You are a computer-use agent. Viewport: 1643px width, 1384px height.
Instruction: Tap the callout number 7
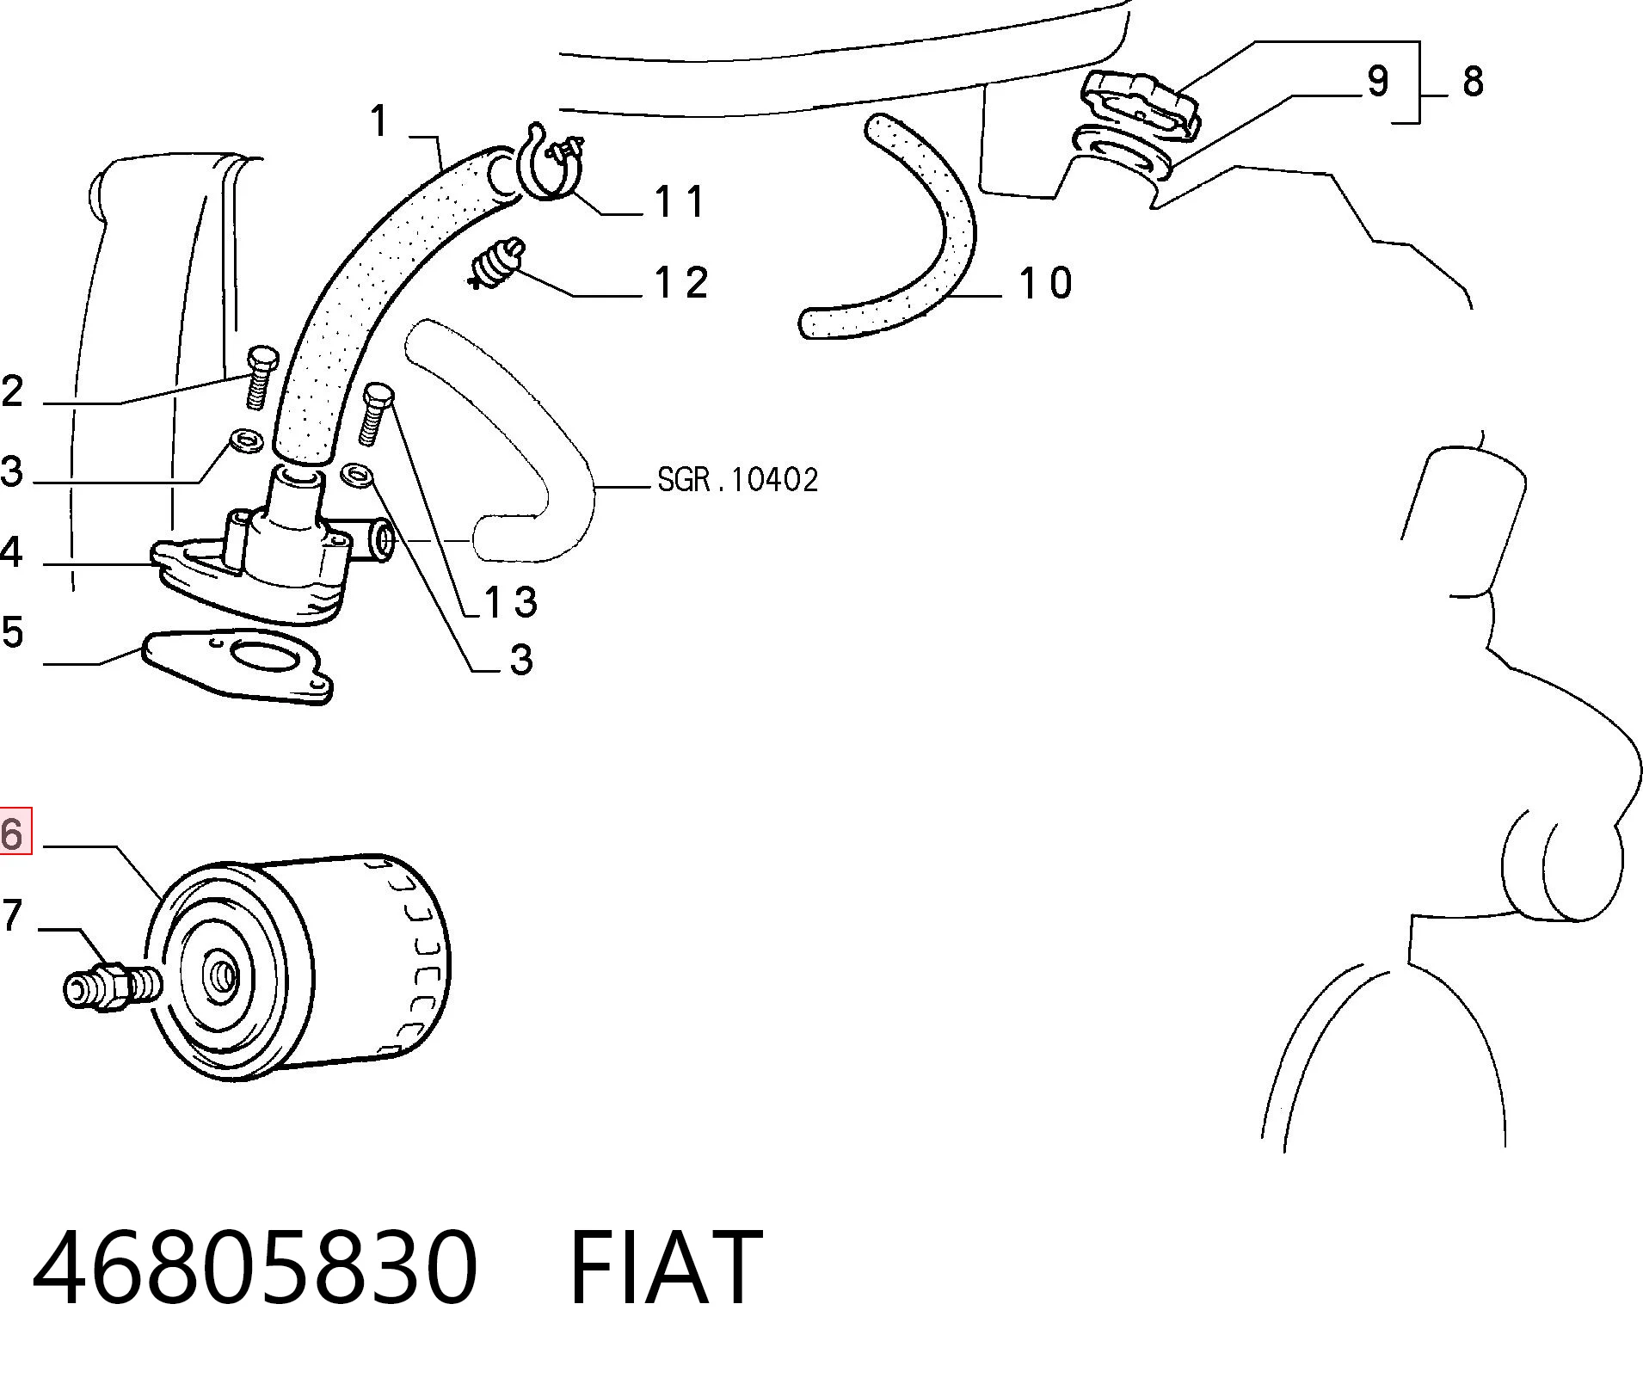(10, 915)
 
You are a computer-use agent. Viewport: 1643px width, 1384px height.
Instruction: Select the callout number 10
(1046, 284)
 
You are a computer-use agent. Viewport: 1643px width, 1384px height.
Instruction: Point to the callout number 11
(680, 202)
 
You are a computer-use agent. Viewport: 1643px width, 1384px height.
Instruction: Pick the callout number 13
(512, 602)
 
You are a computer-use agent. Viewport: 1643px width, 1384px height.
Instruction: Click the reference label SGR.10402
(738, 479)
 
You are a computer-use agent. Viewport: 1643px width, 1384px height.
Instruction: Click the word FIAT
(666, 1266)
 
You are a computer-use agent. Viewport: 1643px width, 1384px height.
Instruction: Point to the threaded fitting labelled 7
(112, 986)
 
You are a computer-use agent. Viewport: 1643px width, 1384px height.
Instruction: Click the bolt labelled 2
(259, 377)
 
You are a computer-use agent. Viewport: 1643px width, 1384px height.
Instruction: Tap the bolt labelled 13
(375, 414)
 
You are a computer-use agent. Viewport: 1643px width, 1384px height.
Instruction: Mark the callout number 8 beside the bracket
(1473, 82)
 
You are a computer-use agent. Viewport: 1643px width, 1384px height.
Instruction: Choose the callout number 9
(1378, 81)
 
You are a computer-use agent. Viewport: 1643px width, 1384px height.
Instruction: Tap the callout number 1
(380, 120)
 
